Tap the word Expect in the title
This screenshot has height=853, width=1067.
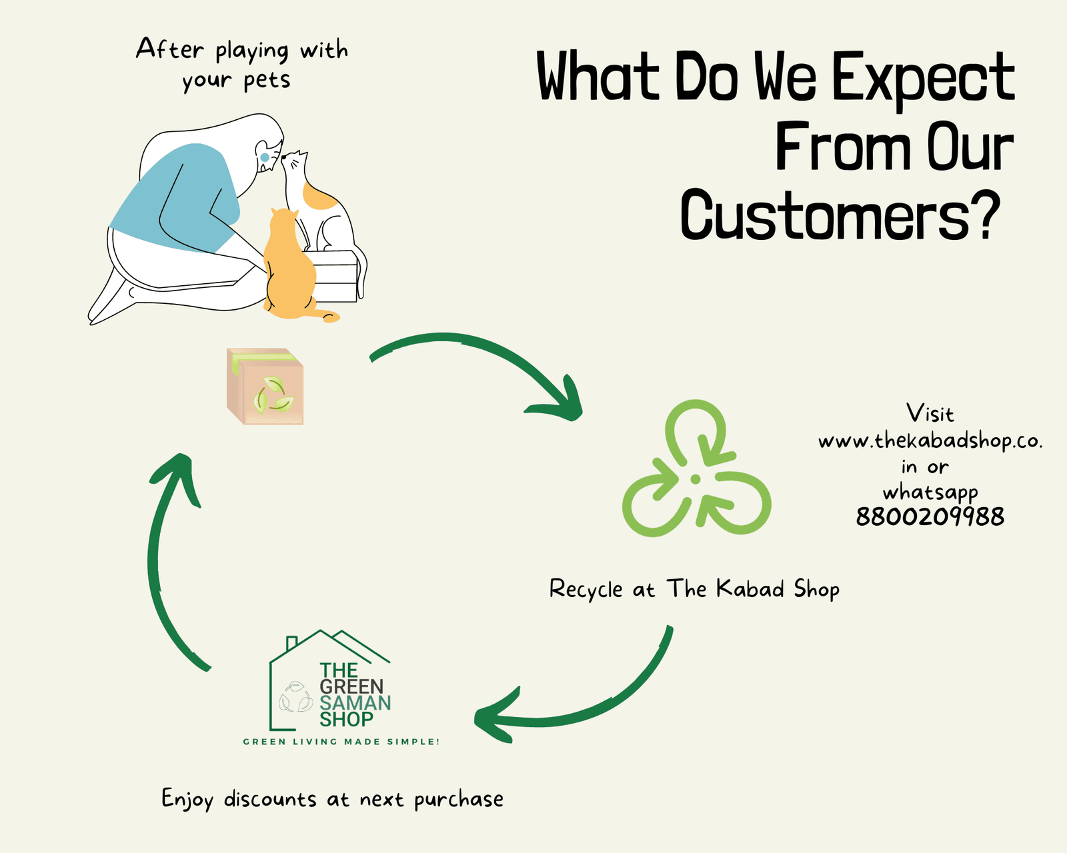pos(923,79)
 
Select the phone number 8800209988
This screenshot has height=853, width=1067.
pos(930,517)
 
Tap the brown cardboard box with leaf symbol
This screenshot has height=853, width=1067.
pos(265,386)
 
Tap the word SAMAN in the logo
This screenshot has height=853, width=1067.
pos(355,703)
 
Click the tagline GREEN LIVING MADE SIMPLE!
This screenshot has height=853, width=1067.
pos(341,742)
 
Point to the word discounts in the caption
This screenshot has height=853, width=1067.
pos(270,799)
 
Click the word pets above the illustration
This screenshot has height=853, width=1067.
pos(267,80)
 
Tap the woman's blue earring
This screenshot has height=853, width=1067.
pos(265,158)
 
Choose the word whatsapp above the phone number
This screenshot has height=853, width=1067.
pos(930,493)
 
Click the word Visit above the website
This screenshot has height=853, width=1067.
pos(930,413)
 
